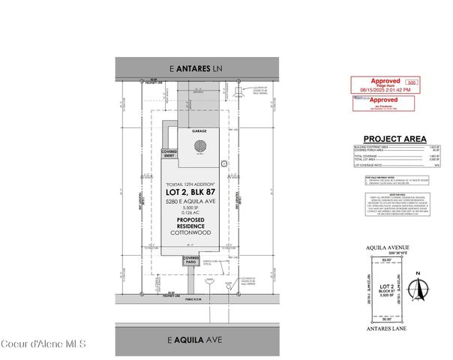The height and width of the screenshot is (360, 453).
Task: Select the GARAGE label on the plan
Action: coord(199,130)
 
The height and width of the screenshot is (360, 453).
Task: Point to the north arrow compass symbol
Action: coord(421,289)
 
